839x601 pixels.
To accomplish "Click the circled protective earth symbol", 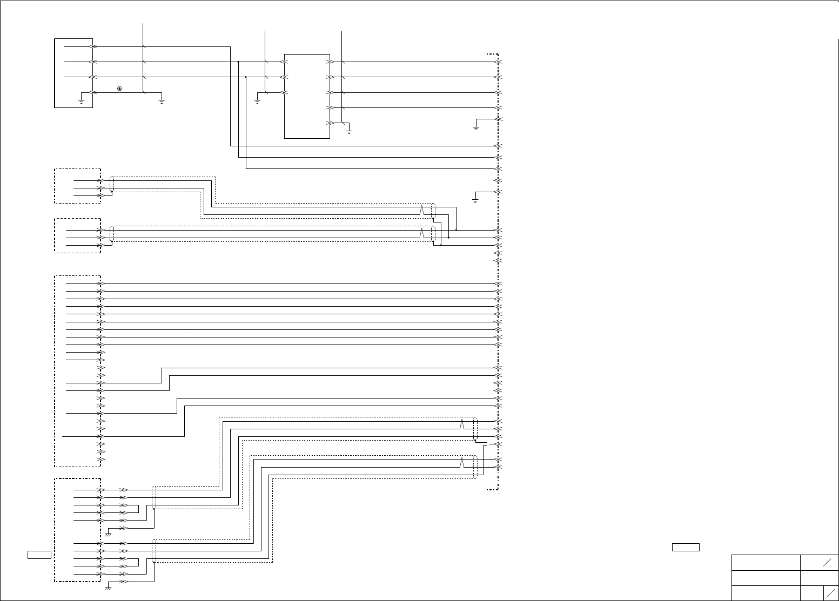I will (119, 88).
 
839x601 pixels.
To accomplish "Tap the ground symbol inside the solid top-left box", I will (81, 100).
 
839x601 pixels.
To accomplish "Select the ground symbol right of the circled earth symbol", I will (162, 100).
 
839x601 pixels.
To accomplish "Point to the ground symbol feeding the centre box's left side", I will (257, 100).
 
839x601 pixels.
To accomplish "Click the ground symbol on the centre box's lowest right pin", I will (349, 130).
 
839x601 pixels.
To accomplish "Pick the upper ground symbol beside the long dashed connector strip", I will (476, 127).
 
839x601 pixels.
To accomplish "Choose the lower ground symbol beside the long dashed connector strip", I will (476, 200).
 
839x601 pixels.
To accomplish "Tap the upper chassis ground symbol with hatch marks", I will (108, 534).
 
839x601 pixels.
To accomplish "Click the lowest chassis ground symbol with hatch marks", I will (108, 587).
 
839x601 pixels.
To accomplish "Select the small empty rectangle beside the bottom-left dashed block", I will (39, 554).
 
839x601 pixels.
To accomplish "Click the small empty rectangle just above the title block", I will (686, 547).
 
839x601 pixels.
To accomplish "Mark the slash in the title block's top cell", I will (827, 562).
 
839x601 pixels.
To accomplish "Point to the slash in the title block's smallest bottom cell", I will (831, 592).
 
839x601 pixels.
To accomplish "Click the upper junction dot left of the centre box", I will (238, 62).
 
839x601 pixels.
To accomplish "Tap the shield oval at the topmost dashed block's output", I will (112, 184).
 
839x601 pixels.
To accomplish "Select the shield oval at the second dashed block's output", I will (112, 234).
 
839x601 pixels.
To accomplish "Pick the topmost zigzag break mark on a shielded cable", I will (421, 210).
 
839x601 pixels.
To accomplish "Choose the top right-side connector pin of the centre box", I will (331, 62).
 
